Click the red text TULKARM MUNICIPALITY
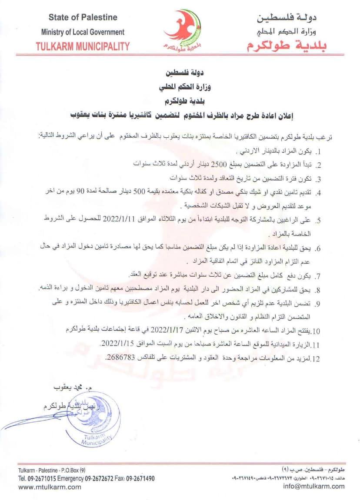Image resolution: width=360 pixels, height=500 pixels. point(83,46)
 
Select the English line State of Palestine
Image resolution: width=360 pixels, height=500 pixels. point(83,17)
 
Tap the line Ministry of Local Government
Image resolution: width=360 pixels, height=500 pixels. point(83,32)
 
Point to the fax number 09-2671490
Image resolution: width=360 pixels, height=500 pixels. point(140,479)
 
